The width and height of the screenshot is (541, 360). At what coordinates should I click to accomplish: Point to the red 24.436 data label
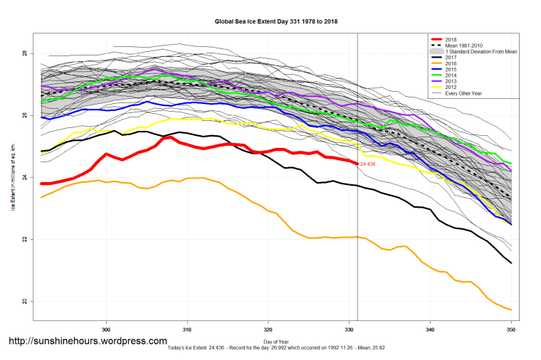click(x=368, y=164)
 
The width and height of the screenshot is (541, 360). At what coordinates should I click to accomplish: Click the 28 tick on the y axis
click(x=24, y=54)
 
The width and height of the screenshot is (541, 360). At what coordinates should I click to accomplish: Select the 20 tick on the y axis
click(x=24, y=302)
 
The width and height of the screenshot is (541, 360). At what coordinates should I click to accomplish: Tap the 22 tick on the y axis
click(x=24, y=240)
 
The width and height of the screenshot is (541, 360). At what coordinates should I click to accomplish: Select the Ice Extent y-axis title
click(x=12, y=178)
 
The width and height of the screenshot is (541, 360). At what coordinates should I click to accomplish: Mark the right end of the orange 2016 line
click(x=511, y=309)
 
